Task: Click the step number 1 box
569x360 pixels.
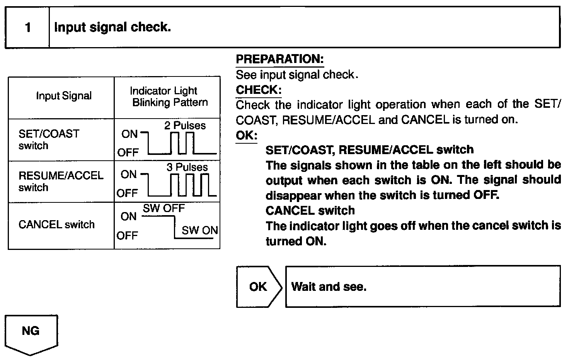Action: click(28, 27)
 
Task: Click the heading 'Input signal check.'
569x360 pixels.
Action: click(112, 27)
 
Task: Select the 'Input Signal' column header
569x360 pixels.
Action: click(64, 96)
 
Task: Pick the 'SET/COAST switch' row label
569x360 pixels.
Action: click(49, 139)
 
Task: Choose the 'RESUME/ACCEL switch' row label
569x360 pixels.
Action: click(61, 181)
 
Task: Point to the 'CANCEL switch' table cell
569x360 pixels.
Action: click(56, 224)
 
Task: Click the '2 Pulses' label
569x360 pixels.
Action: click(185, 126)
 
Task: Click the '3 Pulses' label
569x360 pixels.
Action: click(187, 167)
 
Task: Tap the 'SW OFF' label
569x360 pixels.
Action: click(164, 209)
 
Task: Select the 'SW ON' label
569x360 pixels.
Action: click(199, 231)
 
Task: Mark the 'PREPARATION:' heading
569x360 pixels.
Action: click(279, 59)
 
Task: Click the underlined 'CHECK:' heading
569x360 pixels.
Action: click(259, 90)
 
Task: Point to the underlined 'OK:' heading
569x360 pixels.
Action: click(246, 136)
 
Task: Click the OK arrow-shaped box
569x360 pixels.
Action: click(258, 287)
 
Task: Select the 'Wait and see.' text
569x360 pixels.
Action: click(329, 287)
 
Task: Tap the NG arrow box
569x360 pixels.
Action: click(31, 332)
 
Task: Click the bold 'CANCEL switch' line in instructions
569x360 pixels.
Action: click(310, 211)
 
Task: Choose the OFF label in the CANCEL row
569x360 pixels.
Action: click(127, 235)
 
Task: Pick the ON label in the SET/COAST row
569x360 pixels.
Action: click(129, 134)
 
